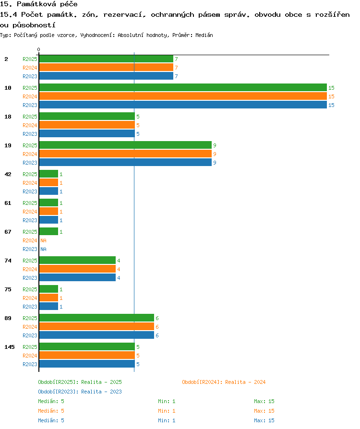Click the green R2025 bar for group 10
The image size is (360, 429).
coord(183,87)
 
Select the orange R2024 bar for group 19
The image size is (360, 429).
coord(125,154)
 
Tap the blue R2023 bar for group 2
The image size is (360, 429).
coord(106,76)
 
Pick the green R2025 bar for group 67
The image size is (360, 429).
coord(49,231)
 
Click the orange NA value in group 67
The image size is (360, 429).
coord(43,240)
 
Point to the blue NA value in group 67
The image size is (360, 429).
coord(43,249)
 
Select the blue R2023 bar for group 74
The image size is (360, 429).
coord(77,277)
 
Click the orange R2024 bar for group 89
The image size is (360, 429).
coord(96,326)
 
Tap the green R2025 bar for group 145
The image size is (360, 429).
coord(87,346)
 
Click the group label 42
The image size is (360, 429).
coord(8,174)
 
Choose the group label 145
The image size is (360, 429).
coord(10,347)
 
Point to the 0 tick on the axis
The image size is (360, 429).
coord(38,49)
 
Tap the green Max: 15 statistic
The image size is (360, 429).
coord(264,401)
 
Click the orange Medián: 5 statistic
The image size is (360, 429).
coord(51,411)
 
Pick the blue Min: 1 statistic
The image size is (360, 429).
coord(167,420)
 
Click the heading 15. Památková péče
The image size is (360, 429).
coord(38,4)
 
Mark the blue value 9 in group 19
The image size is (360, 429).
coord(215,163)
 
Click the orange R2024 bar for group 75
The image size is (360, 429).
coord(49,298)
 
